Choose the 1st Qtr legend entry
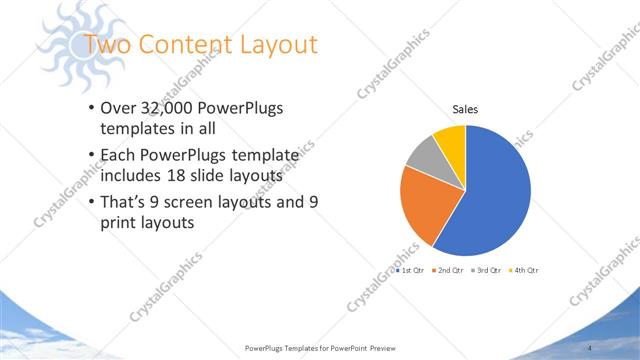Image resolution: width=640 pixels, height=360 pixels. click(x=410, y=271)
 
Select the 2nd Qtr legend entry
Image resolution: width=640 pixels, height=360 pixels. click(x=449, y=271)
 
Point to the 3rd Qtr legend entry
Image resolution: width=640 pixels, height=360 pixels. click(x=487, y=271)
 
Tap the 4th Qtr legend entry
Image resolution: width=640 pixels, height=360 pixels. click(x=525, y=271)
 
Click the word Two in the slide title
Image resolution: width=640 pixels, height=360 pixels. click(x=103, y=45)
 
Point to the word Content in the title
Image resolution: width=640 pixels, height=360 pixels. click(x=180, y=45)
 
